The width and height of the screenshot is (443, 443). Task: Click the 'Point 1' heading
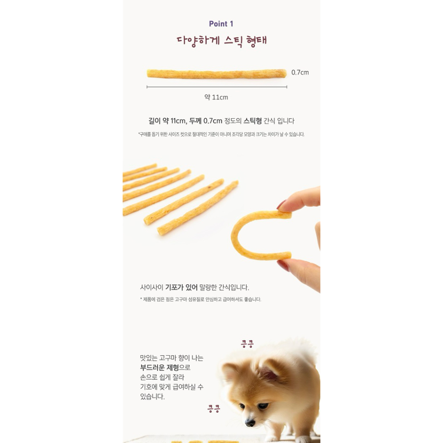pos(221,24)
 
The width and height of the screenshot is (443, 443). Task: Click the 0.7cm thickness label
pos(300,73)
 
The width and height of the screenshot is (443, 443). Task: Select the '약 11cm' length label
pos(216,97)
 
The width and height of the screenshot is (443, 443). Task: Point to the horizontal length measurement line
pos(217,87)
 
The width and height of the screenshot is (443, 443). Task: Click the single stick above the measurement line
pos(217,74)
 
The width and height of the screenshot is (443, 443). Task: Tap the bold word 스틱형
pos(253,121)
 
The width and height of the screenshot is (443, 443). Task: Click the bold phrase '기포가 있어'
pos(181,288)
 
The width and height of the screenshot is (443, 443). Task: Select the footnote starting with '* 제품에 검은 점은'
pos(201,299)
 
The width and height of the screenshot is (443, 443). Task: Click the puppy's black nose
pos(250,423)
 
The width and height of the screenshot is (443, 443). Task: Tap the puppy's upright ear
pos(269,370)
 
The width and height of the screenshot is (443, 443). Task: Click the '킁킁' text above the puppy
pos(247,344)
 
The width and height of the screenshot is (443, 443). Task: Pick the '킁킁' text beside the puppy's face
pos(214,408)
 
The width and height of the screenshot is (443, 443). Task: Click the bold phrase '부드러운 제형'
pos(159,368)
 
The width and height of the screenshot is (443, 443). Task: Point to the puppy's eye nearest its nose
pos(242,406)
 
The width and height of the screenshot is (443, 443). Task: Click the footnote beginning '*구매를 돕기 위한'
pos(221,134)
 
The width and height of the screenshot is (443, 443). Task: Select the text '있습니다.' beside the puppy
pos(152,396)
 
